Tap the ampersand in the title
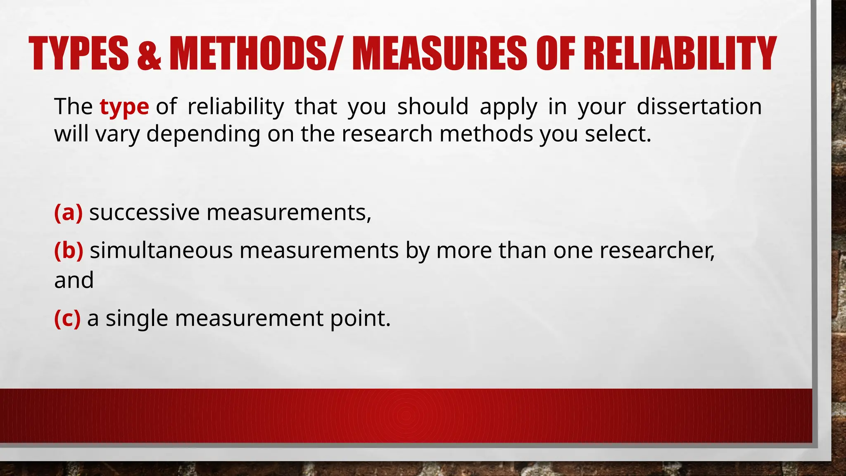click(x=148, y=54)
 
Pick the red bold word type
click(x=124, y=107)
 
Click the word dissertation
click(x=699, y=106)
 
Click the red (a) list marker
click(x=68, y=212)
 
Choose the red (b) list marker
click(x=69, y=250)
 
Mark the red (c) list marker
click(x=67, y=318)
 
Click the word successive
click(x=144, y=212)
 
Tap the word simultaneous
click(x=161, y=250)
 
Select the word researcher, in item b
click(x=657, y=250)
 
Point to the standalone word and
click(x=74, y=280)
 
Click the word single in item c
click(x=137, y=319)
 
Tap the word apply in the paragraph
click(x=508, y=107)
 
